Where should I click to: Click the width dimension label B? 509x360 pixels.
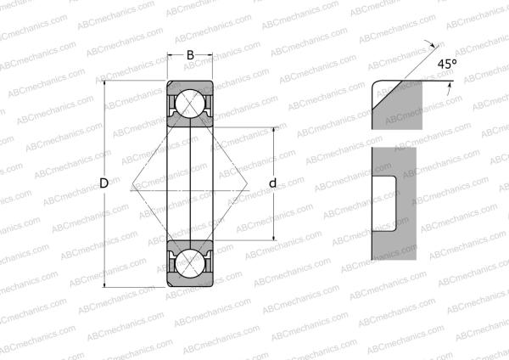(189, 56)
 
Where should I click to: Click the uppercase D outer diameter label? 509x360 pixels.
(103, 183)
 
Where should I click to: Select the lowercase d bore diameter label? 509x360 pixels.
(273, 183)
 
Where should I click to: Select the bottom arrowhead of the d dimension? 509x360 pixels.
(273, 237)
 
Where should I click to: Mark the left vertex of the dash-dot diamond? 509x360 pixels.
(132, 183)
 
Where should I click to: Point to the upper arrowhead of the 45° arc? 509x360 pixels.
(436, 48)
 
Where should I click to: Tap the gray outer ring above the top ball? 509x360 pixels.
(189, 86)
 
